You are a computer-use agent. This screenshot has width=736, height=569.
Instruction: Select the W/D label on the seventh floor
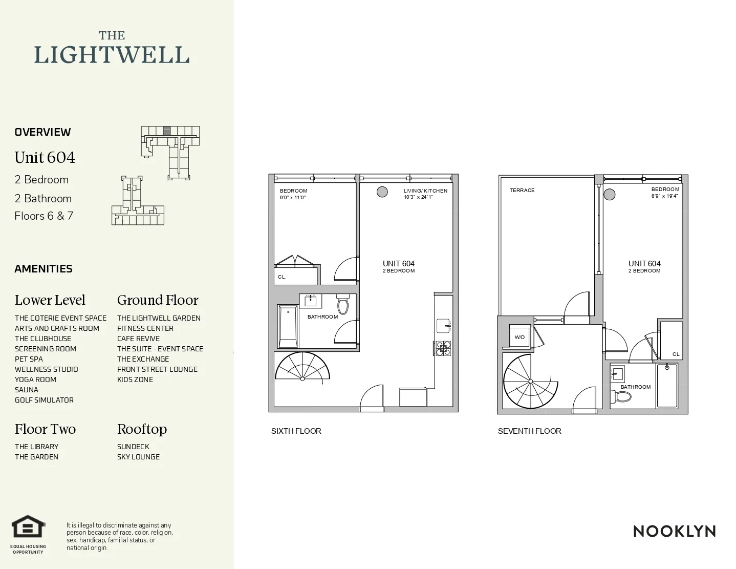pos(519,338)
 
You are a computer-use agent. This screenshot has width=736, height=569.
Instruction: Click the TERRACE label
pos(522,191)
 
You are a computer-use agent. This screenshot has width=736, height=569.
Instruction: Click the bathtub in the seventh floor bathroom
pos(667,385)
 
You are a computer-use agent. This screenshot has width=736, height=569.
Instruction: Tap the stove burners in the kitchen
pos(443,348)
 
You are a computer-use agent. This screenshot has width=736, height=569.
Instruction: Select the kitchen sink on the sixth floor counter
pos(443,326)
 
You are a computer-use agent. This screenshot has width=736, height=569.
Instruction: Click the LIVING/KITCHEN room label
pos(425,191)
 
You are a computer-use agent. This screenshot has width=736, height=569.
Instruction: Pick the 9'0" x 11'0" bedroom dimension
pos(293,198)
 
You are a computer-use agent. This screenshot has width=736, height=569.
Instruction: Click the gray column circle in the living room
pos(382,192)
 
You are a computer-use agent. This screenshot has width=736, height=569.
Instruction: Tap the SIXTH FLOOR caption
pos(296,431)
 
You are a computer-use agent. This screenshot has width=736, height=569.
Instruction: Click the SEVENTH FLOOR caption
pos(529,431)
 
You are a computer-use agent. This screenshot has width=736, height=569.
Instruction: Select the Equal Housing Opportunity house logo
pos(29,527)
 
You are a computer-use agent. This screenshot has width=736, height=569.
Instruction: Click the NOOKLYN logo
pos(674,531)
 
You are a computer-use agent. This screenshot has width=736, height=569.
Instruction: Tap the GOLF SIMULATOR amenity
pos(44,400)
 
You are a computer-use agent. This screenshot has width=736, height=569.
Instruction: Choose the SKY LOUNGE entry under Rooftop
pos(138,457)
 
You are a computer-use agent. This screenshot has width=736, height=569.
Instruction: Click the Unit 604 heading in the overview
pos(45,158)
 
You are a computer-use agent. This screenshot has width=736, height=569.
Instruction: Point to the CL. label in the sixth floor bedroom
pos(282,277)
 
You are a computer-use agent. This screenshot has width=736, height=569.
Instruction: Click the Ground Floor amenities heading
pos(158,300)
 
